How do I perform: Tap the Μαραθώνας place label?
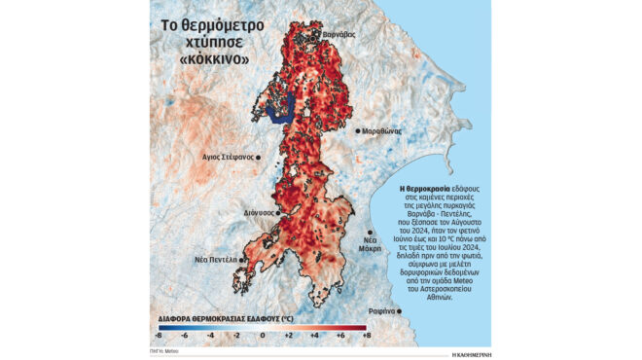[x=382, y=130]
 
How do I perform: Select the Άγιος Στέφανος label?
[x=227, y=156]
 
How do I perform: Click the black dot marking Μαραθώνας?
[x=358, y=130]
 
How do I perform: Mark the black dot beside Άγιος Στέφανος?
[x=259, y=156]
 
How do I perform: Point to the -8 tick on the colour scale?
[x=157, y=335]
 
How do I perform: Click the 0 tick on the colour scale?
[x=261, y=335]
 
